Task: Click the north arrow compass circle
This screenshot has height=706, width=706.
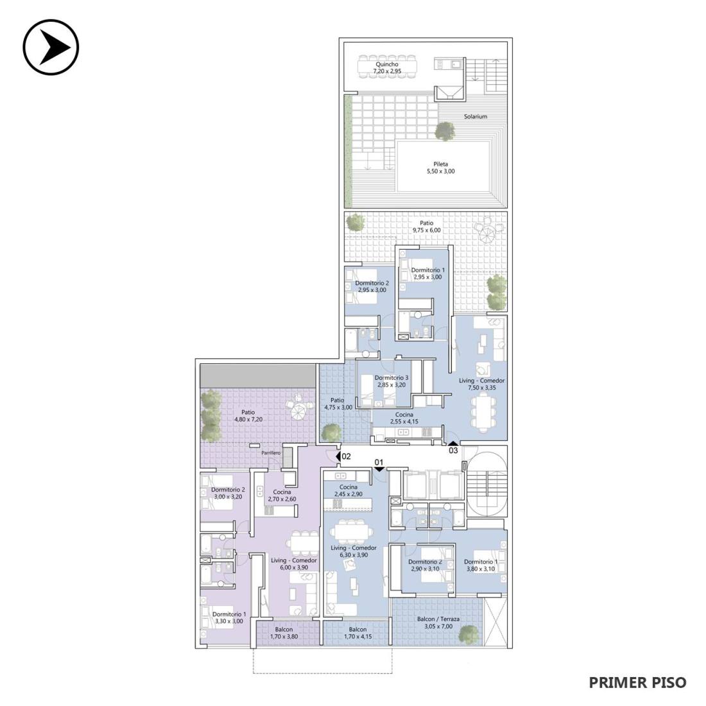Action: coord(51,47)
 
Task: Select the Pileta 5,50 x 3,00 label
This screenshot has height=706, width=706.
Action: coord(441,168)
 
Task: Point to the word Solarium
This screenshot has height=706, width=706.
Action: coord(476,116)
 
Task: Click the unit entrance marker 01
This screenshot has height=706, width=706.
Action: coord(379,464)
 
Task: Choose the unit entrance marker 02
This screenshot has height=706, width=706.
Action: coord(343,456)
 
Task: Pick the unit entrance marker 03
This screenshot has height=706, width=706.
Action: coord(453,448)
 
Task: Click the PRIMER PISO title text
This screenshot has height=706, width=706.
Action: coord(637,682)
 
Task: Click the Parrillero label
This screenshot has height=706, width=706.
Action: coord(271,453)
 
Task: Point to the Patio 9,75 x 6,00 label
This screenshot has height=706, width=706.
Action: coord(426,227)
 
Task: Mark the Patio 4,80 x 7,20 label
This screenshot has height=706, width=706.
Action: coord(248,416)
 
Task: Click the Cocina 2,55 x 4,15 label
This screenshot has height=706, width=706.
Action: coord(404,418)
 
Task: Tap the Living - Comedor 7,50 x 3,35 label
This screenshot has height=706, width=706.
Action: coord(482,384)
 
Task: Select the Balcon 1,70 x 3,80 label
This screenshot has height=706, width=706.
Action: coord(284,633)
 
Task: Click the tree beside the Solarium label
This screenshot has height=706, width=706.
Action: coord(445,131)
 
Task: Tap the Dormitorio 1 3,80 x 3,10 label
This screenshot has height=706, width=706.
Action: coord(481,565)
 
